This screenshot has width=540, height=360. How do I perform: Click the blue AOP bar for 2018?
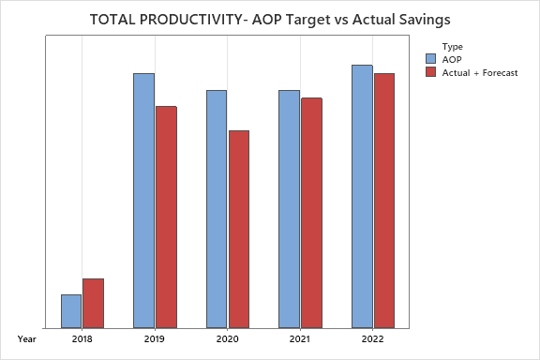[x=71, y=311]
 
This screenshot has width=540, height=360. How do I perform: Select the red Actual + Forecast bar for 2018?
[x=93, y=303]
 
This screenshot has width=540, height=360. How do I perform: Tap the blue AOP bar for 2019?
[x=143, y=201]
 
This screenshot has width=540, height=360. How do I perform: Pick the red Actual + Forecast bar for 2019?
[x=166, y=217]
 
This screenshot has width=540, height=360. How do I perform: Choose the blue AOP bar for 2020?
[x=217, y=209]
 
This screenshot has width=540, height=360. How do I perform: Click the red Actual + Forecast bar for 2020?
[x=239, y=229]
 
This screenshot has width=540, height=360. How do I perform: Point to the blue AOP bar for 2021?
[x=289, y=209]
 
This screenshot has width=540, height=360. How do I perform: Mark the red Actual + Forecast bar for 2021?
[x=311, y=213]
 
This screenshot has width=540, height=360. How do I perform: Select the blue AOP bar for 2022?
[x=362, y=196]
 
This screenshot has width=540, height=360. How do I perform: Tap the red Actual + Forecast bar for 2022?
[x=384, y=201]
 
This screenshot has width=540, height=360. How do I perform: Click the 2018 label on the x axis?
[x=82, y=338]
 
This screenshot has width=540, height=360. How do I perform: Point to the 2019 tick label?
[x=155, y=338]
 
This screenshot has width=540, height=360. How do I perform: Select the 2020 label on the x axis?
[x=228, y=338]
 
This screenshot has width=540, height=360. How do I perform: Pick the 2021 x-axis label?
[x=300, y=338]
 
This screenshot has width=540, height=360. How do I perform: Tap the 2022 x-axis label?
[x=373, y=338]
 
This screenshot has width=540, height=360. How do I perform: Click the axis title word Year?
[x=26, y=338]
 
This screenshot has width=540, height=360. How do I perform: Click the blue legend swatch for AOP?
[x=430, y=58]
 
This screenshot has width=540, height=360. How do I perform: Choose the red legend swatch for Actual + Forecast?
[x=430, y=71]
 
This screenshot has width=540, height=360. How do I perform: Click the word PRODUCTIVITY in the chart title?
[x=190, y=19]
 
